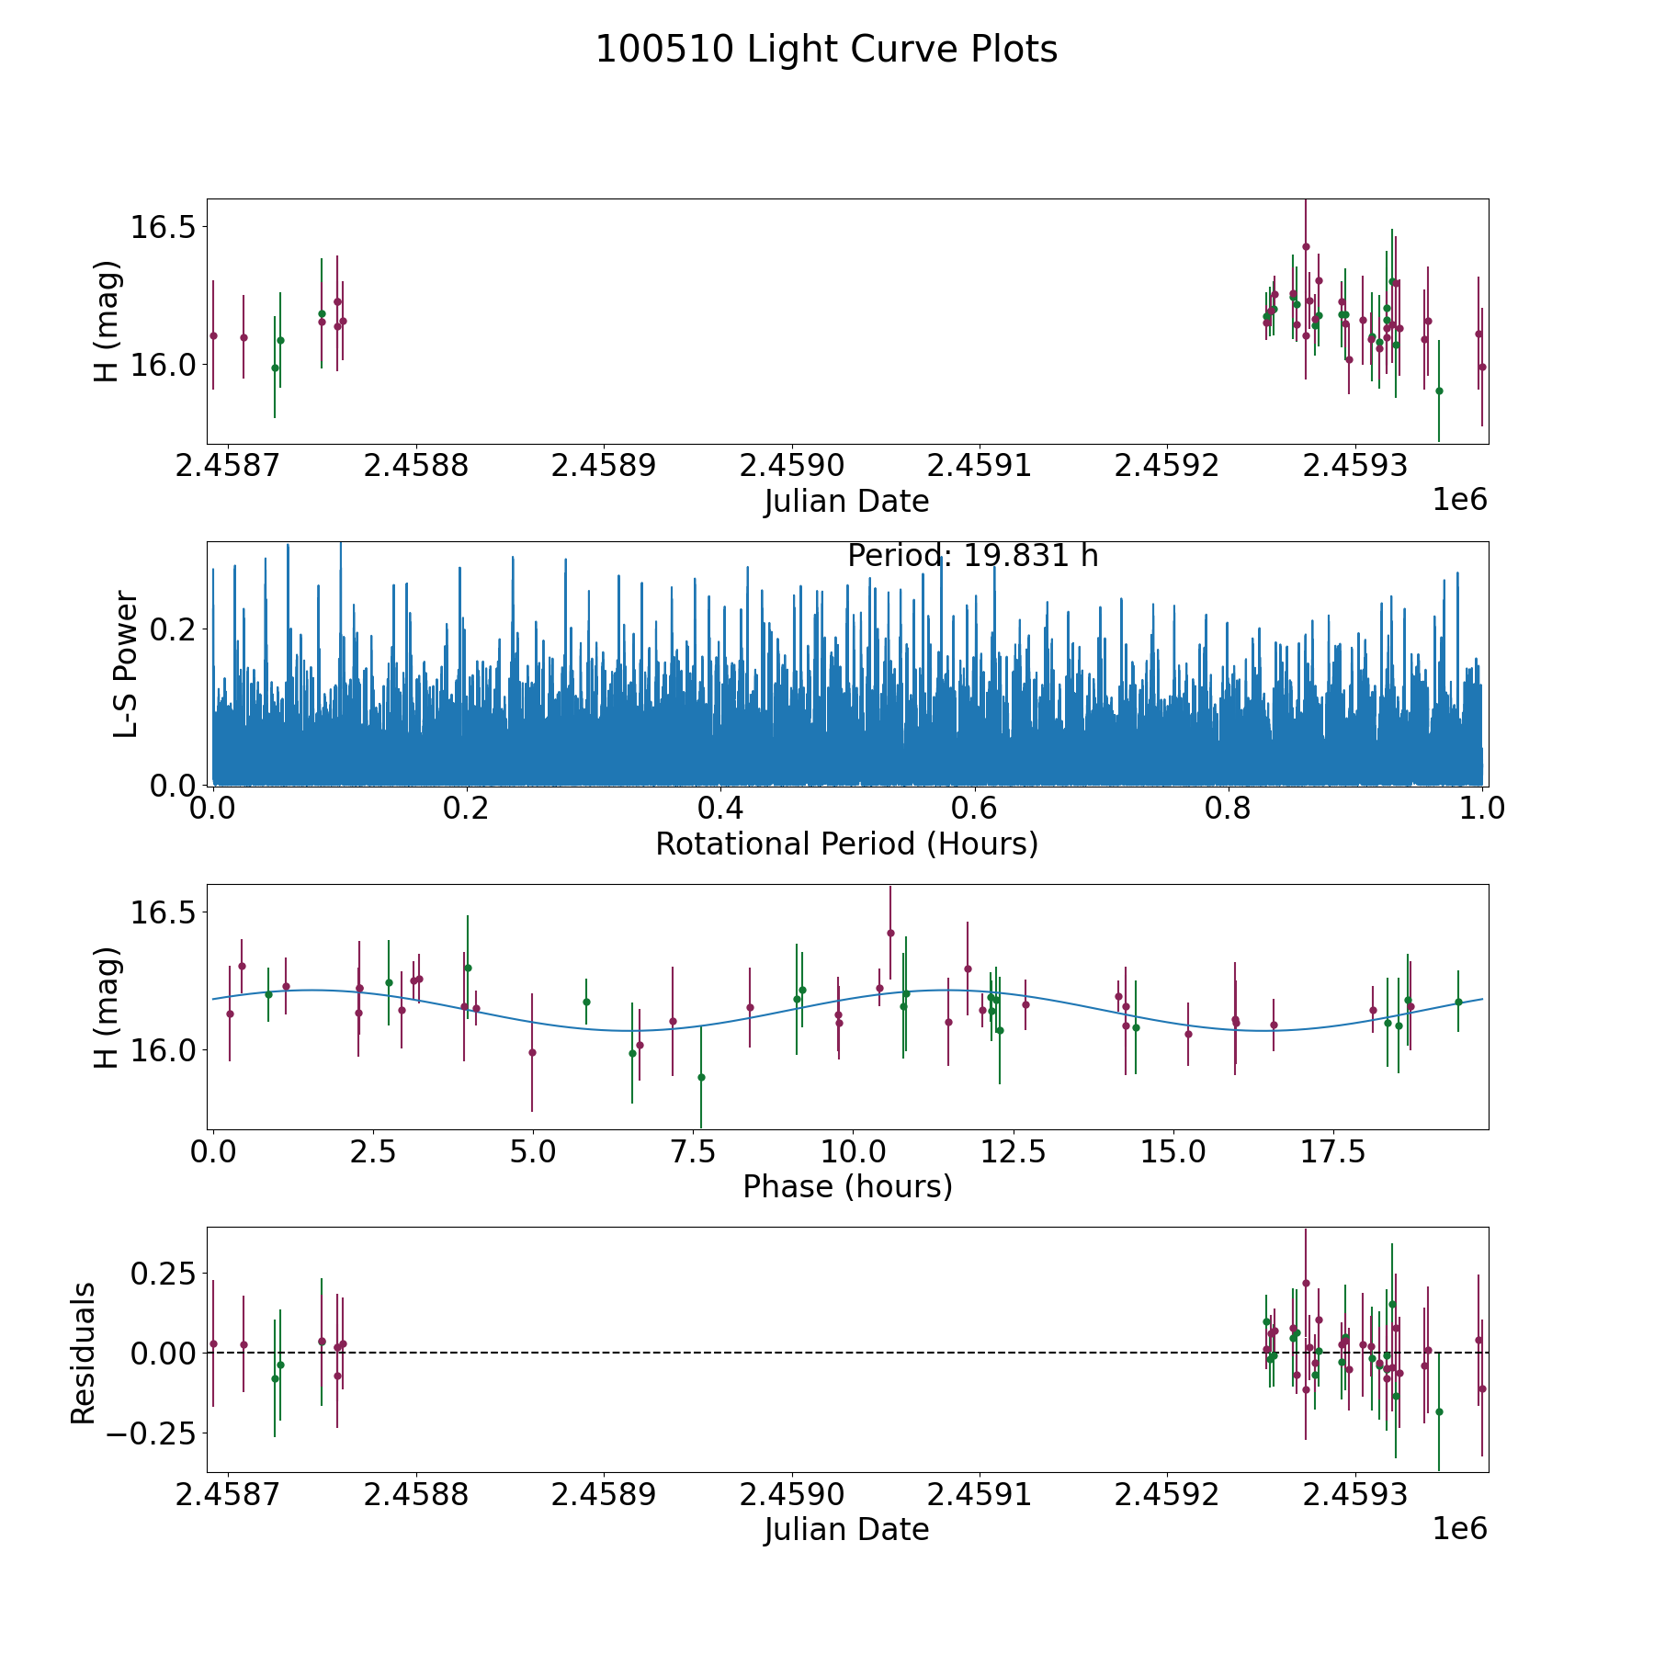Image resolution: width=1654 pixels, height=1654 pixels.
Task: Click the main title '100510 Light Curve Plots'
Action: tap(826, 50)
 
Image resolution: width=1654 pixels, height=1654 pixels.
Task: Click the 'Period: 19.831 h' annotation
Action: tap(972, 556)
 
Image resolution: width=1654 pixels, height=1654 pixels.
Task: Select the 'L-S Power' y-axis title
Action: tap(126, 663)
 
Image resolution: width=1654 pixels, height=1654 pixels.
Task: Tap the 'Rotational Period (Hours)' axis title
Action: tap(846, 844)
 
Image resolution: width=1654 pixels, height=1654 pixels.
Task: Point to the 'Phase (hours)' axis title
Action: tap(847, 1186)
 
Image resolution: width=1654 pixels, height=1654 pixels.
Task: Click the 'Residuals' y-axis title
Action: tap(84, 1353)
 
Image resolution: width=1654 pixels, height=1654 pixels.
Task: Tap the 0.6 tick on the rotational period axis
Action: tap(974, 809)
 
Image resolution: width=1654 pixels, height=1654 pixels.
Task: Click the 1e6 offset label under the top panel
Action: tap(1459, 500)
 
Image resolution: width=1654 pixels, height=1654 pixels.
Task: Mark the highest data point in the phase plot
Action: tap(889, 933)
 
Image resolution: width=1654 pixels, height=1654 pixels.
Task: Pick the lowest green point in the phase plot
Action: tap(701, 1077)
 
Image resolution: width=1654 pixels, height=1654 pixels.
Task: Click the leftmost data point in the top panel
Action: tap(213, 335)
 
